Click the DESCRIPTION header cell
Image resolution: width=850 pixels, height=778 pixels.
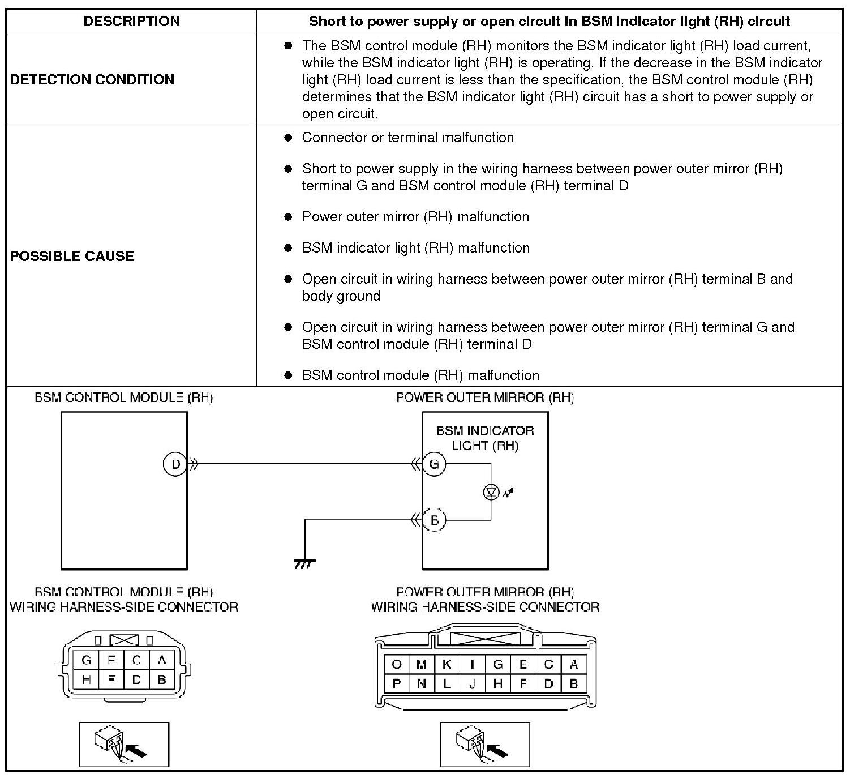[131, 22]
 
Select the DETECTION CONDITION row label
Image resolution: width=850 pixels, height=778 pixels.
[92, 79]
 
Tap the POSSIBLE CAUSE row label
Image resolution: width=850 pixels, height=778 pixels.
[72, 256]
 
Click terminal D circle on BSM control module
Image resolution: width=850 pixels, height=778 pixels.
[175, 464]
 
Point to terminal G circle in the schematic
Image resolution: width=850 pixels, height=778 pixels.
[434, 464]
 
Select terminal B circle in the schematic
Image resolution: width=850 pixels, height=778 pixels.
[434, 520]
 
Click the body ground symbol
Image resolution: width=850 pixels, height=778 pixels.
[305, 563]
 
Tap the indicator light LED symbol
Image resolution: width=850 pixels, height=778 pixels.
[491, 493]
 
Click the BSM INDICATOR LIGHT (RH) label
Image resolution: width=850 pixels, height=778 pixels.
[485, 438]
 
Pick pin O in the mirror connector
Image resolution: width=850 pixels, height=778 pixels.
[397, 664]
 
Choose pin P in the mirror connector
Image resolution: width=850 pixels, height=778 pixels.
[397, 683]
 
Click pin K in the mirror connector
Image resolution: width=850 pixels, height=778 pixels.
[447, 664]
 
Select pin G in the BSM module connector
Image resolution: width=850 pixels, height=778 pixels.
[86, 660]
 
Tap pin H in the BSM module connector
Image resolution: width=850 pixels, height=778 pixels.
[86, 679]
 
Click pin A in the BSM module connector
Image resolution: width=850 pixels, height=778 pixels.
[162, 660]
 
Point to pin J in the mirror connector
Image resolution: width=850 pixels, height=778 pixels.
[473, 683]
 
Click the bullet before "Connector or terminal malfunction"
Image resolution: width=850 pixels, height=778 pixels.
[288, 138]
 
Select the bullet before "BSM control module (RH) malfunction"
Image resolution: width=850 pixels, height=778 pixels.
[288, 375]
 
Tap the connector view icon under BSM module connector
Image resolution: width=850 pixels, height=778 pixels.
[125, 744]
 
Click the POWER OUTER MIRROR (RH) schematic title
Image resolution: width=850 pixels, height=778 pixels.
[485, 397]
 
